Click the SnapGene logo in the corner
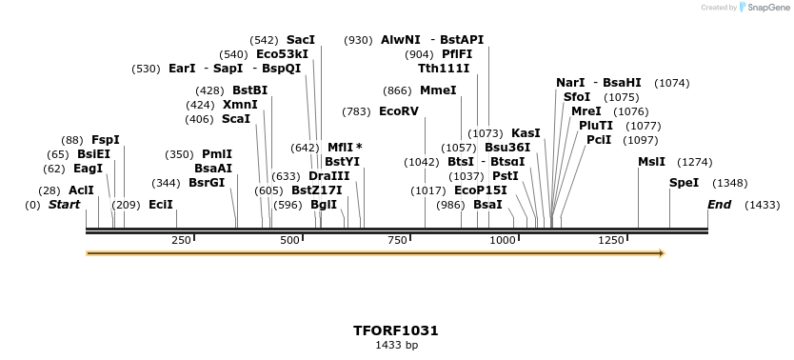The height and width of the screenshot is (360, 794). pos(763,8)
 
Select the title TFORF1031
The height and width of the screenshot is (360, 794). pos(396,330)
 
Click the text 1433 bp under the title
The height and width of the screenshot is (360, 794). pos(396,345)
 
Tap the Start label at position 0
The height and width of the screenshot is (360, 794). pos(64,205)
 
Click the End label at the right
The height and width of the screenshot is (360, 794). pos(719,205)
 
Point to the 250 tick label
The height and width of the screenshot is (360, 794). pos(181,240)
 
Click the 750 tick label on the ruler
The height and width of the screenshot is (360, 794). pos(398,240)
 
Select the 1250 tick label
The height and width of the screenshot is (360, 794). pos(610,240)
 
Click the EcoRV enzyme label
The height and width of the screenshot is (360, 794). pos(398,111)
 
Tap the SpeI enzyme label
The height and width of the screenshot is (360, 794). pos(684,183)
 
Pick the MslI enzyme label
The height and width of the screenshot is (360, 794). pos(651,162)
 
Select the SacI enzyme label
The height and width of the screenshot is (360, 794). pos(300,40)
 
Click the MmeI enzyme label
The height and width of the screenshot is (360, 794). pos(438,90)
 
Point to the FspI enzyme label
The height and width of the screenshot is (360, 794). pos(105,140)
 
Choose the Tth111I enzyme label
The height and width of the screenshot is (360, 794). pos(444,69)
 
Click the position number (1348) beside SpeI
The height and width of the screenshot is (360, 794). pos(730,183)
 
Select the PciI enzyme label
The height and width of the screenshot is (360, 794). pos(599,140)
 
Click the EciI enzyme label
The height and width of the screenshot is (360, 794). pos(160,205)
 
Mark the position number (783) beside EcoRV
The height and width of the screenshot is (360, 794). pos(356,111)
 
